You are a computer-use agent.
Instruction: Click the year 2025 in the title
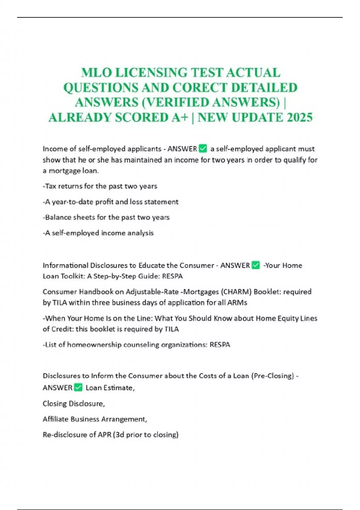click(x=300, y=117)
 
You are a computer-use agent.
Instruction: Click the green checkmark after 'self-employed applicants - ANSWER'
click(x=203, y=148)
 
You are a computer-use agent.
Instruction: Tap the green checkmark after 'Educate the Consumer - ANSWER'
click(x=256, y=265)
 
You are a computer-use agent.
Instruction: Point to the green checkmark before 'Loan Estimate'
click(x=78, y=387)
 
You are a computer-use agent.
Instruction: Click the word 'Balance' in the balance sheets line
click(x=55, y=217)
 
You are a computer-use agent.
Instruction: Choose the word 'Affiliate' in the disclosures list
click(x=55, y=419)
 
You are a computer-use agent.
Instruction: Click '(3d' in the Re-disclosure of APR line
click(x=118, y=434)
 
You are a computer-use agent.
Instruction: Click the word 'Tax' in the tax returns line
click(x=50, y=186)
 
